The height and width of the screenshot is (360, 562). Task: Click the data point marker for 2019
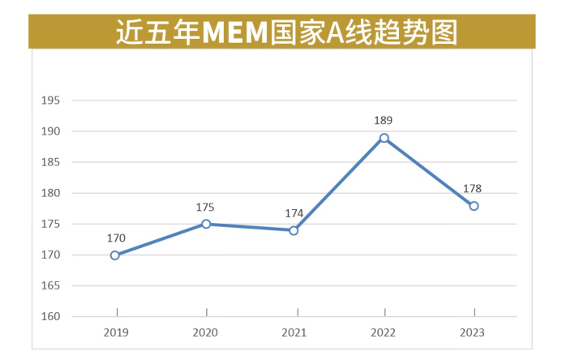(x=115, y=255)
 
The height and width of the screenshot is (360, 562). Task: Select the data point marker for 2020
(x=206, y=224)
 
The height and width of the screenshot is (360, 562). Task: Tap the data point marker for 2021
(x=294, y=230)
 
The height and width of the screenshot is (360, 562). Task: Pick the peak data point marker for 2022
(x=384, y=138)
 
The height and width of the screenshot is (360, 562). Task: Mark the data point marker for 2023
(x=474, y=206)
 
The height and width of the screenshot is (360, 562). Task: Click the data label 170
(x=116, y=238)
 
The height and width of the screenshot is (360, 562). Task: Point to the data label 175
(x=205, y=208)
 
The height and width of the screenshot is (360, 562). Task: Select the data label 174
(x=294, y=214)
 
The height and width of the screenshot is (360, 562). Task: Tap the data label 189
(x=384, y=121)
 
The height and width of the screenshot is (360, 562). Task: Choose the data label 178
(x=473, y=189)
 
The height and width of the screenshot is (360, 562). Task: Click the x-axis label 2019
(x=116, y=332)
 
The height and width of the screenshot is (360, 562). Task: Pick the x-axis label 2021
(x=294, y=332)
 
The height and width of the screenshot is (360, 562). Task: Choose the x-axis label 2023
(x=473, y=332)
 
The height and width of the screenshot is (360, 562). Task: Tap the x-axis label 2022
(x=384, y=332)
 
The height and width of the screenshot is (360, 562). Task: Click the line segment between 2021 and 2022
(x=339, y=184)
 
